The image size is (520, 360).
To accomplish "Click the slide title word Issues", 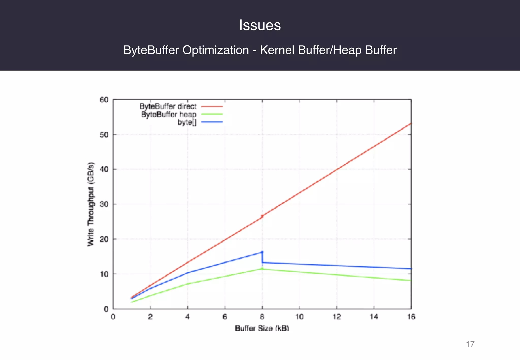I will click(260, 25).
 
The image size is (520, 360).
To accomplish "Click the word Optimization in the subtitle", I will click(216, 50).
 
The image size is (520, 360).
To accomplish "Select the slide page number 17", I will click(470, 344).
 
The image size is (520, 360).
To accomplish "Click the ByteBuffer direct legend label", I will click(168, 106).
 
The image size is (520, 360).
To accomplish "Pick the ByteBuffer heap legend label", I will click(169, 114).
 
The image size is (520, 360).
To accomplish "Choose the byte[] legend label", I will click(187, 122).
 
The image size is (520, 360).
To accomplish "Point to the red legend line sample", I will click(212, 106).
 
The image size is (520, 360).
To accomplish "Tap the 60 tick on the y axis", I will click(104, 100).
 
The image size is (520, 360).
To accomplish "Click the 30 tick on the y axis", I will click(104, 204).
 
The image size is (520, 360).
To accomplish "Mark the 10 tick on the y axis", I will click(104, 274).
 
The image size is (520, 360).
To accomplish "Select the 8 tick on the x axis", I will click(262, 317).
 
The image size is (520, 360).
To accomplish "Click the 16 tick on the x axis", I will click(411, 317).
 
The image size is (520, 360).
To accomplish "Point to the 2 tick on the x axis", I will click(150, 317).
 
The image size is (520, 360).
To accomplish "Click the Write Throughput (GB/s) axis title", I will click(91, 204).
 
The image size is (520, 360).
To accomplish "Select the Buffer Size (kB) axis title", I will click(262, 328).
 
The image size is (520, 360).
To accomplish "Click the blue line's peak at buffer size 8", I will click(262, 252).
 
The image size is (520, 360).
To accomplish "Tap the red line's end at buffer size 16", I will click(411, 123).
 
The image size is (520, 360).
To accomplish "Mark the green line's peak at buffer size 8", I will click(262, 269).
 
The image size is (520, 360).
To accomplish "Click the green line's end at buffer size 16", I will click(411, 280).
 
